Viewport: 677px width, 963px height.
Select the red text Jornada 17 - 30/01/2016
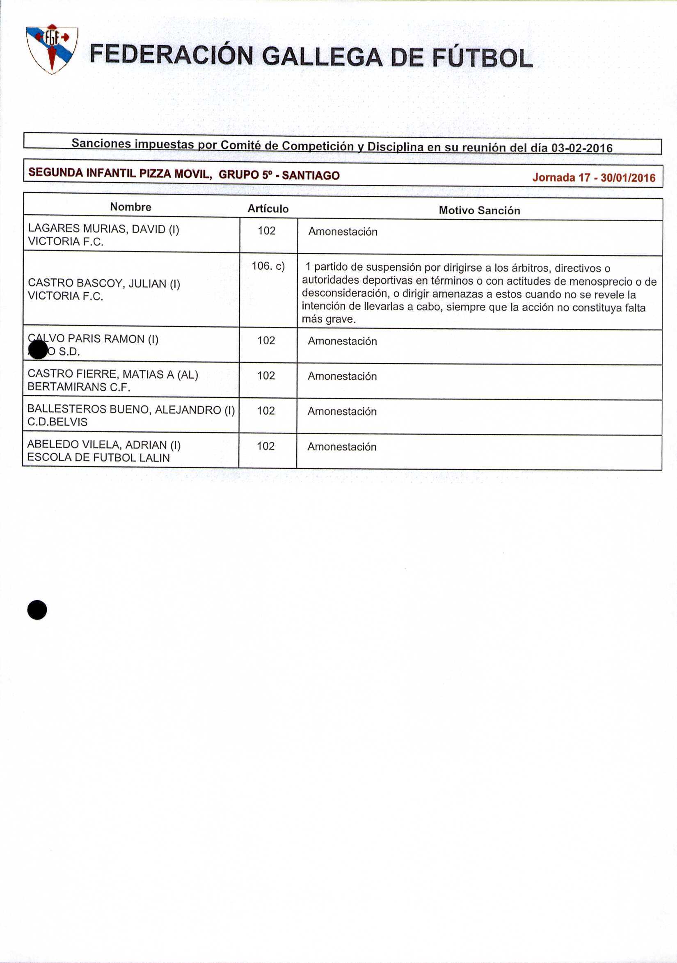pos(594,177)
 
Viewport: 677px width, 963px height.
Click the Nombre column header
pos(131,207)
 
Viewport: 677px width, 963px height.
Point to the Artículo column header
pos(268,209)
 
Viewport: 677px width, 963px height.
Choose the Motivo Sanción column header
pos(479,210)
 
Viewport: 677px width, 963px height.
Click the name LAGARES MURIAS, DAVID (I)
pos(103,229)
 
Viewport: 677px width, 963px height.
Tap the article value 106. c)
pos(268,266)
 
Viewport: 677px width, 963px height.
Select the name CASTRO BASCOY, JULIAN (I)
pos(104,284)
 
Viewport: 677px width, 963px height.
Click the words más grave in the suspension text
pos(329,319)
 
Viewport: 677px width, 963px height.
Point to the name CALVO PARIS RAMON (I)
pos(93,339)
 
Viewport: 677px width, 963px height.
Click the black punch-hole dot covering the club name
pos(39,349)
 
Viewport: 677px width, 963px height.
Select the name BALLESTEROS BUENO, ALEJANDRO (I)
pos(131,409)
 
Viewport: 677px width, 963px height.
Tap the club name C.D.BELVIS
pos(57,422)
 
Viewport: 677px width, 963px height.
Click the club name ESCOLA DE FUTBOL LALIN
pos(98,458)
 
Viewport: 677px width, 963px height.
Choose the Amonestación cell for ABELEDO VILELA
pos(342,447)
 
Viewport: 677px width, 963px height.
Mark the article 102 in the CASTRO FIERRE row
pos(266,375)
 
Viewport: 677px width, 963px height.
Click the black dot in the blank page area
pos(37,610)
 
